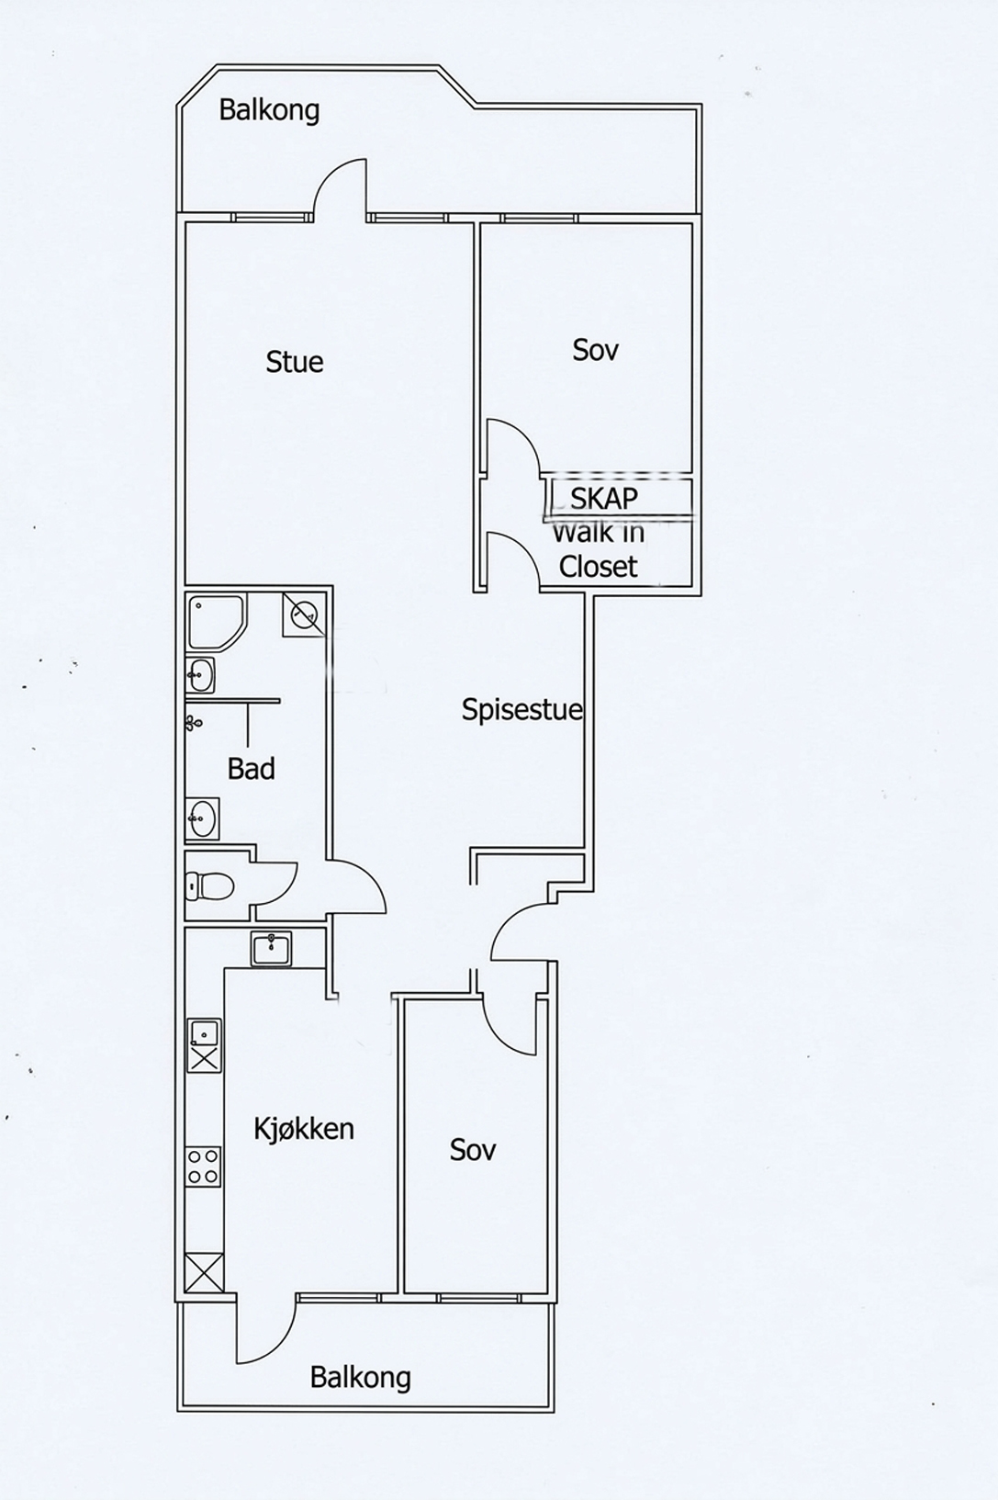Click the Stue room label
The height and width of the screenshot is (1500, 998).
click(295, 362)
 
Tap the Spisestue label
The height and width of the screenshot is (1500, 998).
click(522, 710)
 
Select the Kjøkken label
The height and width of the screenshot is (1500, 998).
click(304, 1129)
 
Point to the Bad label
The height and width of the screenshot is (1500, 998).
click(251, 769)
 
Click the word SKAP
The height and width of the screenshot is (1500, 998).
click(604, 498)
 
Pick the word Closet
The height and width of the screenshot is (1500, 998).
click(598, 567)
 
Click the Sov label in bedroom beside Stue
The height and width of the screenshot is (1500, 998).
click(595, 350)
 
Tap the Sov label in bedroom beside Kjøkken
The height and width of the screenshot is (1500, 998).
click(473, 1150)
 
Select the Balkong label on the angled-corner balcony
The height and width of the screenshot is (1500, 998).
click(269, 110)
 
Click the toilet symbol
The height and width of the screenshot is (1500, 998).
click(209, 885)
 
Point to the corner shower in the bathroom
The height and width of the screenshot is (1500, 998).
click(217, 622)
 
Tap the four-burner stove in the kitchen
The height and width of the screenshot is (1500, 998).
click(204, 1167)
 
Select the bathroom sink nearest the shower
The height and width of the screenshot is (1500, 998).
click(200, 674)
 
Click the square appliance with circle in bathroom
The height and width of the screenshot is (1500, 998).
click(305, 615)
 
